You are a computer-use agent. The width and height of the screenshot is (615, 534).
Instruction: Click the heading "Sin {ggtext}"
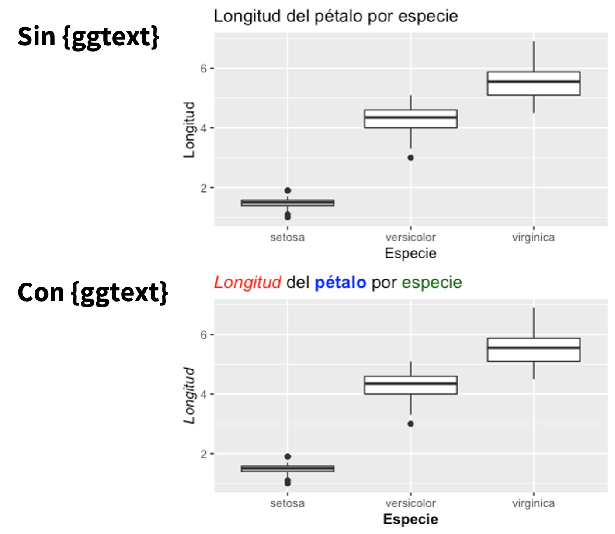88,37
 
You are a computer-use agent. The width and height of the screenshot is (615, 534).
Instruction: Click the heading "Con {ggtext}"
93,292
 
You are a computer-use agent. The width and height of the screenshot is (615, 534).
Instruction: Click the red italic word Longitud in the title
247,283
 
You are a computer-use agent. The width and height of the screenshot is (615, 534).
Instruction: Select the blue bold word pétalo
340,283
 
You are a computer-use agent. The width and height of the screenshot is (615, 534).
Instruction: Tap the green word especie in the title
431,283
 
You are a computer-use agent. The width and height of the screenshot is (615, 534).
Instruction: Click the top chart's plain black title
336,17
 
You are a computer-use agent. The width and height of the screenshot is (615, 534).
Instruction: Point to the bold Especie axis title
410,519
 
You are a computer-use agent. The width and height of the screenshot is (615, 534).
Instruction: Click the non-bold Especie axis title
410,253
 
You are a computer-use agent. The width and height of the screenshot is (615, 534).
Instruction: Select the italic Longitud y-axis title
189,395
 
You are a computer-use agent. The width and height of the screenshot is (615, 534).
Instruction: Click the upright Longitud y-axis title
189,130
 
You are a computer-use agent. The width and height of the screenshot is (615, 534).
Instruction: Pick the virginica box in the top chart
534,83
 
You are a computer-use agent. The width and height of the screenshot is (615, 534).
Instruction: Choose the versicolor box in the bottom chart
410,385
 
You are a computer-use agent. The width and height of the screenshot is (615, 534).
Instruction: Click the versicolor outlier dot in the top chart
410,158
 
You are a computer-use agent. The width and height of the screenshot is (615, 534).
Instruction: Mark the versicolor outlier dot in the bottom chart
410,424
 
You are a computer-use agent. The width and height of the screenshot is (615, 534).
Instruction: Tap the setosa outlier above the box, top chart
288,190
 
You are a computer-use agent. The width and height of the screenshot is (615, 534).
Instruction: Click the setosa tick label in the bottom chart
288,503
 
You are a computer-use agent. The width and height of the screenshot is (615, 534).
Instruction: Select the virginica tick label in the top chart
533,238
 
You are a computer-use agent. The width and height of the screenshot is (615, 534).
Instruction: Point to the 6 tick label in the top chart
204,69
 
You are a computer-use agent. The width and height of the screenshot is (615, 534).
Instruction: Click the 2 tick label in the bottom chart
204,454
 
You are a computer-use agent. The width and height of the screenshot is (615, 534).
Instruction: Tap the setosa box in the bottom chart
288,469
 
